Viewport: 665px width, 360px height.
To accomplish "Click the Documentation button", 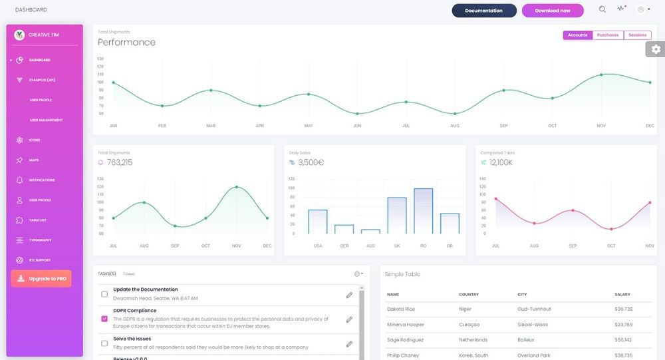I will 483,11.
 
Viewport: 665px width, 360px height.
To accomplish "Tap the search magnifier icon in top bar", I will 602,9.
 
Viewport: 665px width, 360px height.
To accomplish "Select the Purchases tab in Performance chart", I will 608,35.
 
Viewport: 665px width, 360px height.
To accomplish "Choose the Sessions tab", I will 637,35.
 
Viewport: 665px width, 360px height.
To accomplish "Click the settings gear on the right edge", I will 656,49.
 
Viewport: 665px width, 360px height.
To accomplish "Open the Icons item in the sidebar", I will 35,140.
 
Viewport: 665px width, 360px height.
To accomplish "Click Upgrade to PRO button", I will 41,278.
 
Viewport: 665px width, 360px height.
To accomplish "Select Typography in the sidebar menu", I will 40,240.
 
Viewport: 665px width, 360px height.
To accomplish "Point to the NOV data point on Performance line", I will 601,75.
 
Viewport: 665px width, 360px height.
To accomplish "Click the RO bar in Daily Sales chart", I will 423,211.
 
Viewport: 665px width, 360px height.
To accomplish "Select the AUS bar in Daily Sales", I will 370,231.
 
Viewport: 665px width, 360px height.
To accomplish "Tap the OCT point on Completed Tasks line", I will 611,229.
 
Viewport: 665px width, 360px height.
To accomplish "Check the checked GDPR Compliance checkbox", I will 104,319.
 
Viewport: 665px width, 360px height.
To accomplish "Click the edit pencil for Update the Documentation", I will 349,295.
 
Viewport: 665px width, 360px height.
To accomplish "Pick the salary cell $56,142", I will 623,339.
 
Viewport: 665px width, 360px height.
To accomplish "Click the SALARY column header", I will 622,294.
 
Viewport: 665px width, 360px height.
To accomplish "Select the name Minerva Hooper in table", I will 406,325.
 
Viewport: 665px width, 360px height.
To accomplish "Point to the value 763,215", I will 120,162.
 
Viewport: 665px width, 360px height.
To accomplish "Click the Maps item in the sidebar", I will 34,160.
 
